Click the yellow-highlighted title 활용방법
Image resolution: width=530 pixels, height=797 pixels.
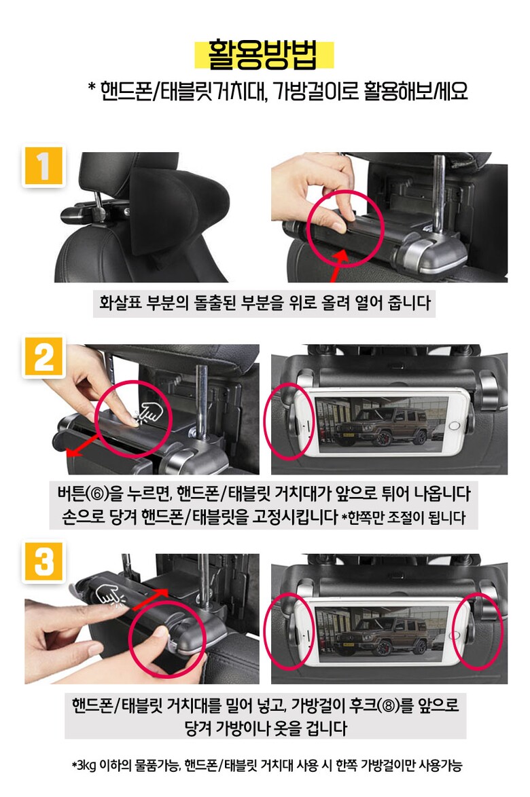point(264,54)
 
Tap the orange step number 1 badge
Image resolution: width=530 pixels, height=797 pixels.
point(43,166)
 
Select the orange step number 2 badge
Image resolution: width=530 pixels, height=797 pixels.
point(43,357)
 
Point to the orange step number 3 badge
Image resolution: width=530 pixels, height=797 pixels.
point(43,562)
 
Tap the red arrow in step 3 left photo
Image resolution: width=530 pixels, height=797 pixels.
point(150,598)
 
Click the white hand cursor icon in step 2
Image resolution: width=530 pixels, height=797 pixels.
point(149,412)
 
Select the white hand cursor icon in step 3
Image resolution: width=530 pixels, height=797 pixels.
point(110,597)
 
